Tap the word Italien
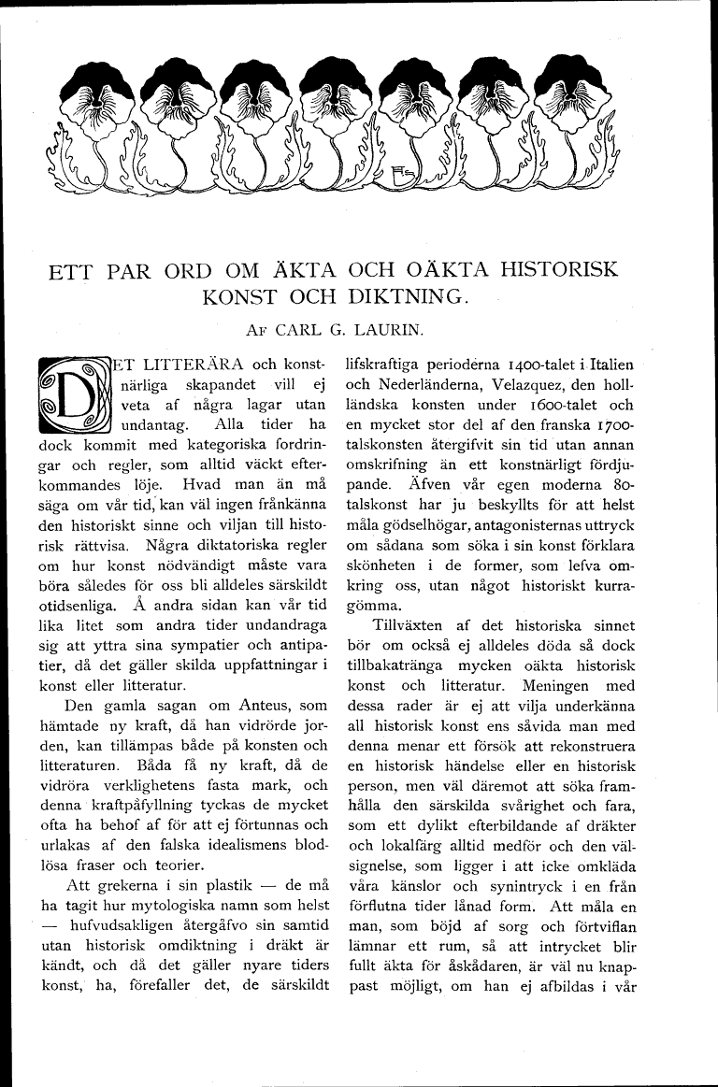[608, 364]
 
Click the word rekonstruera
[592, 747]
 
